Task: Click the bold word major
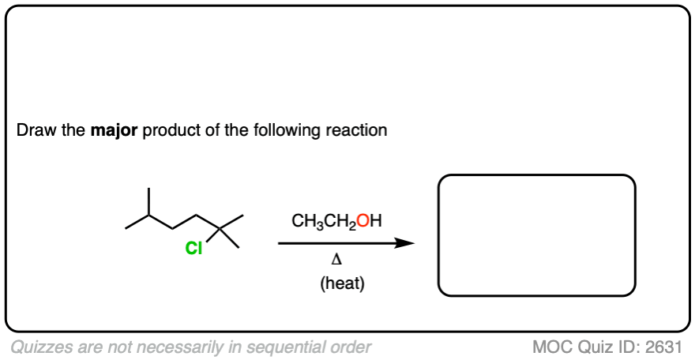114,129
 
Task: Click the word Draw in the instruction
35,129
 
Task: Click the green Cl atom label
193,249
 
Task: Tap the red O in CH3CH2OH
362,222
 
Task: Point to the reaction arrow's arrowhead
407,243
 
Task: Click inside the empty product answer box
536,235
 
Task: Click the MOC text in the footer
551,346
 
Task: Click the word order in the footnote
350,346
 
